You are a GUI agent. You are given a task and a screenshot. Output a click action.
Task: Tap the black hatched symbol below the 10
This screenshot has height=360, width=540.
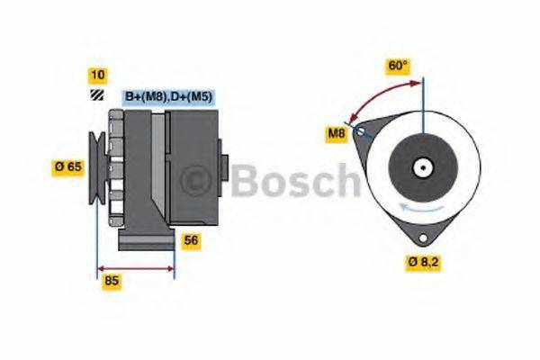coord(95,95)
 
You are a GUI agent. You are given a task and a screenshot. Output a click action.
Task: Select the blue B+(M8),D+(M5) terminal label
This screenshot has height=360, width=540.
coord(167,96)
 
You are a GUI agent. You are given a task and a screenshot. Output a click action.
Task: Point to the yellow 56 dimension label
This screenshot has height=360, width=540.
coord(191,240)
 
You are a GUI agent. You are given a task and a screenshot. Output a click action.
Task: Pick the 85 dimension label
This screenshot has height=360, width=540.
coord(112,281)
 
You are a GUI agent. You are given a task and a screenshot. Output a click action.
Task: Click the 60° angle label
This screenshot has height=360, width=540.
coord(398,66)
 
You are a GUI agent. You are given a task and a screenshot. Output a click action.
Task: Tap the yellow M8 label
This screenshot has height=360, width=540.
coord(336,135)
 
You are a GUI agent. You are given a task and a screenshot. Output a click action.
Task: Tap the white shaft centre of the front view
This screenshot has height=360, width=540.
coord(421,167)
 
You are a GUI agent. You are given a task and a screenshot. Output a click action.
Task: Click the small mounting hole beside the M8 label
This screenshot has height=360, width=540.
coord(361,131)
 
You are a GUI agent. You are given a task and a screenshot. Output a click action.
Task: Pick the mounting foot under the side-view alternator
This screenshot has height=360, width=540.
coord(146,240)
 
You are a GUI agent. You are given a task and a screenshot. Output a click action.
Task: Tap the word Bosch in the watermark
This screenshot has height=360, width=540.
coord(293,182)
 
